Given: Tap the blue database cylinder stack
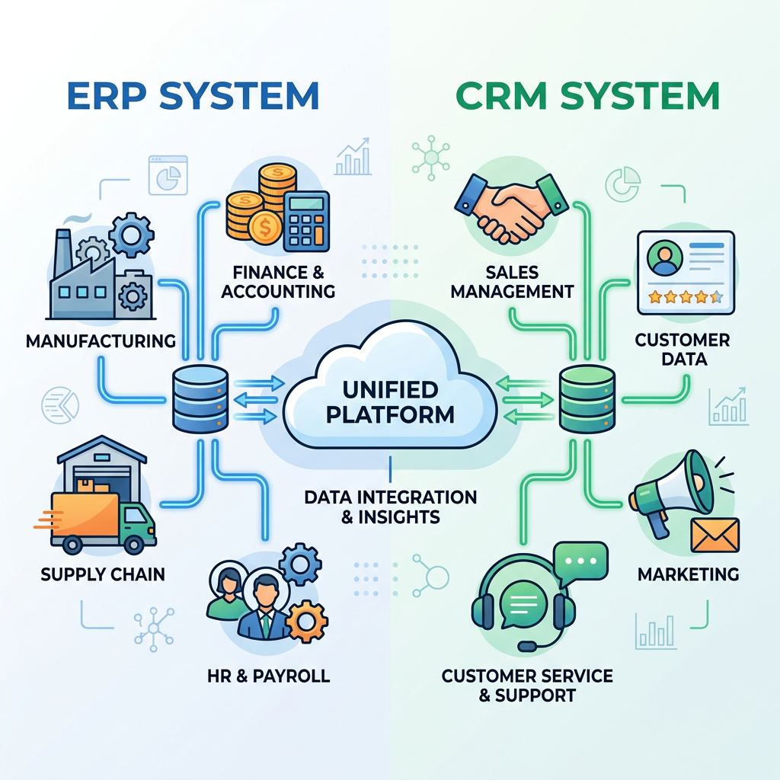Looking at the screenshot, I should point(200,398).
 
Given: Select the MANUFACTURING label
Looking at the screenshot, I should point(101,340).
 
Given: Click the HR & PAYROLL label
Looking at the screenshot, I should point(268,675).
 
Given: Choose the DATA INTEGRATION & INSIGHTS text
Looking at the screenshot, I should point(390,507).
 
